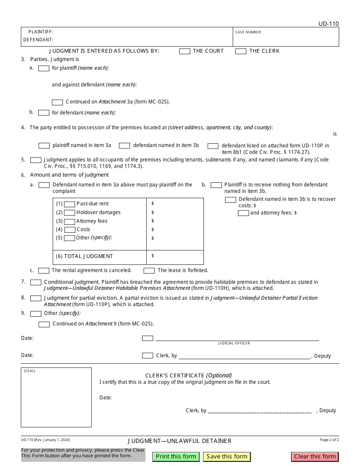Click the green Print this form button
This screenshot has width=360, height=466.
coord(176,457)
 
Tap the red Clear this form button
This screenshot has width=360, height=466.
coord(315,457)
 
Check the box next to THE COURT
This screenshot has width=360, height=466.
coord(185,52)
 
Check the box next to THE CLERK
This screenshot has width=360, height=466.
coord(241,52)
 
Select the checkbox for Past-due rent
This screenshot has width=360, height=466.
coord(69,204)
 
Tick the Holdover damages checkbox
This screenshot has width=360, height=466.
coord(69,213)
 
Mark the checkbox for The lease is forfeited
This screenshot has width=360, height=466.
coord(149,271)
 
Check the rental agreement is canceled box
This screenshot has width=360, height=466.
coord(44,271)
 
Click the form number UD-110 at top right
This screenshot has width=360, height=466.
coord(329,24)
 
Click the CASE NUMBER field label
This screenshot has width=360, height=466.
coord(248,32)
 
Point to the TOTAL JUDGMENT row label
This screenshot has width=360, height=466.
coord(85,256)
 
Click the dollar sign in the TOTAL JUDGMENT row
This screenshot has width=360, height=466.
coord(153,256)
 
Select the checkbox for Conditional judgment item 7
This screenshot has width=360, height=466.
coord(36,283)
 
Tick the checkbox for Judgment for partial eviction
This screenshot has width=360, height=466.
coord(36,299)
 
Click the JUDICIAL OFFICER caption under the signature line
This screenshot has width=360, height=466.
coord(234,343)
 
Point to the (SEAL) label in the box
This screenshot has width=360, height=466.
coord(30,371)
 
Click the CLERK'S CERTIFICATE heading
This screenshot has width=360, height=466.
coord(188,375)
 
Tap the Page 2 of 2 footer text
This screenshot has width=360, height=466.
coord(329,440)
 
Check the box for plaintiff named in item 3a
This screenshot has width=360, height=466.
coord(44,146)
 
